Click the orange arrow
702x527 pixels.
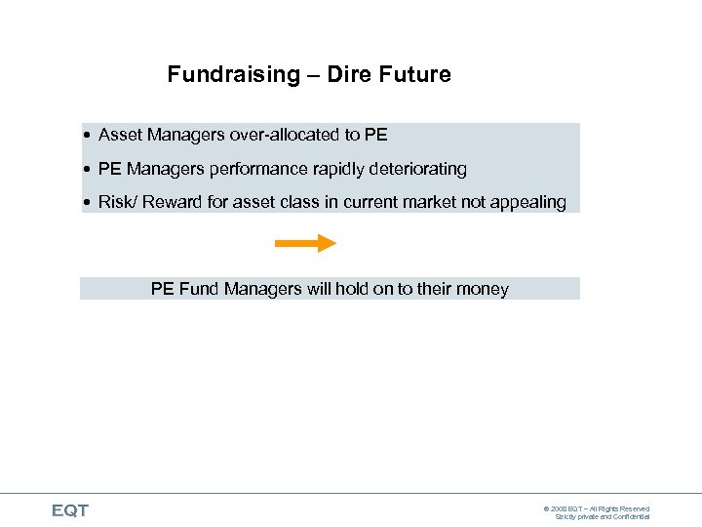(305, 243)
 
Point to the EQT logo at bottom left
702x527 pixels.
(69, 510)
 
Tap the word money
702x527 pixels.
(482, 290)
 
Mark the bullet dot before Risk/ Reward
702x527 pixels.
(88, 203)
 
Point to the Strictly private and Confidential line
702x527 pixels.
(603, 517)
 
